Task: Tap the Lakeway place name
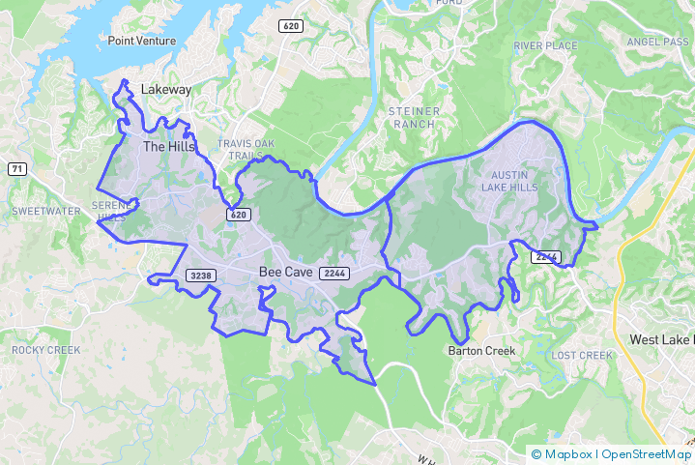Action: (166, 89)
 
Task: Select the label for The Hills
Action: (168, 147)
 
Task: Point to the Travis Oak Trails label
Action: (246, 149)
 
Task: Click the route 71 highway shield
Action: (16, 169)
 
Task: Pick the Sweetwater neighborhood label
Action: (45, 211)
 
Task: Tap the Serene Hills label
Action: (109, 211)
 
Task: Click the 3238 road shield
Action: (200, 276)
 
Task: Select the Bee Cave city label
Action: (285, 273)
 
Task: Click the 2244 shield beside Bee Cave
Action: (335, 274)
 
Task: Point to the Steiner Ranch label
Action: (414, 117)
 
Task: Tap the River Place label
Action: (545, 45)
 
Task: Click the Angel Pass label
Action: (657, 43)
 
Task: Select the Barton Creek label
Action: (481, 351)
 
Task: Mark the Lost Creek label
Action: (582, 355)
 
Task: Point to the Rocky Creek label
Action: (45, 349)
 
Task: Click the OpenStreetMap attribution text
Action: (647, 453)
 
